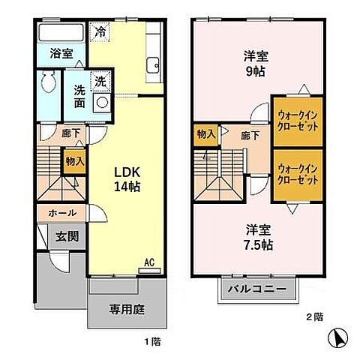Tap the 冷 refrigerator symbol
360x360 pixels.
coord(100,32)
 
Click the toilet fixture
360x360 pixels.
coord(48,82)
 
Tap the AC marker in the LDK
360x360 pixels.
coord(149,262)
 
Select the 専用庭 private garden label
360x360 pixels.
coord(124,307)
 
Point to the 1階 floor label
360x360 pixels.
coord(152,340)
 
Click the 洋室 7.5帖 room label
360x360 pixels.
coord(257,238)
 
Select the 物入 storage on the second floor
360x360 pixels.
coord(205,134)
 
